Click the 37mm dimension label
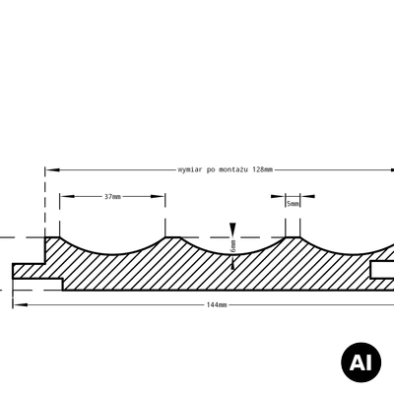(x=112, y=197)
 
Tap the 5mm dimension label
(x=293, y=204)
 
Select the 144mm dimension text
(x=217, y=305)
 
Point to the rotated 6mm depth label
(x=233, y=245)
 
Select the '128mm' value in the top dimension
(x=263, y=169)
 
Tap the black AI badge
(x=361, y=362)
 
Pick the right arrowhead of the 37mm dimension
(x=158, y=196)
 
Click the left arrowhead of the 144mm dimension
(x=20, y=305)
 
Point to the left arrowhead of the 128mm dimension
(x=52, y=170)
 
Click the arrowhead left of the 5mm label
(x=278, y=196)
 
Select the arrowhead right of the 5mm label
(x=307, y=196)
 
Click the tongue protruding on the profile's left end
(x=29, y=271)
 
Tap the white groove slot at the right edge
(x=383, y=270)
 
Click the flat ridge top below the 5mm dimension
(x=293, y=236)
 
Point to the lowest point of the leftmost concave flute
(x=112, y=254)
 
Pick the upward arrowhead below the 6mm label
(x=232, y=263)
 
